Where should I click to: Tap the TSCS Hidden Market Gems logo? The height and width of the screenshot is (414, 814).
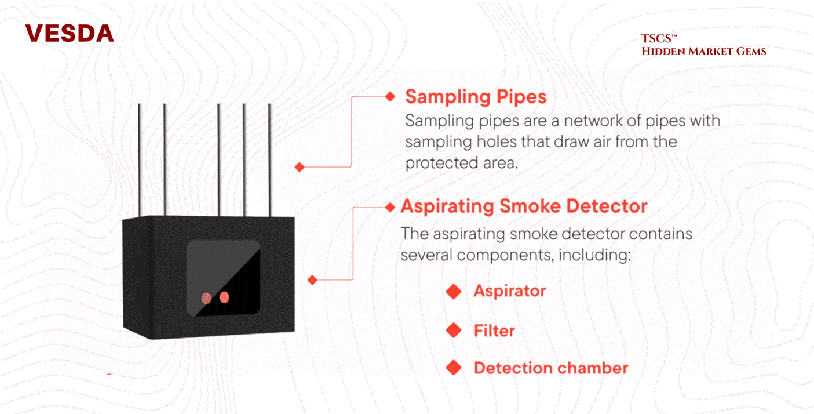click(703, 46)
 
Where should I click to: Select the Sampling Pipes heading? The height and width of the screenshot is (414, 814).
click(476, 96)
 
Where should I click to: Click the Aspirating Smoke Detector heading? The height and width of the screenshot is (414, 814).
click(524, 206)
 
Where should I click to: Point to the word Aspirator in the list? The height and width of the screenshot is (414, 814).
click(510, 290)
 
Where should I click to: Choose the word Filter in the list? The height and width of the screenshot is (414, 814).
click(494, 331)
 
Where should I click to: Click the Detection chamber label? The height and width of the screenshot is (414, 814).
click(551, 368)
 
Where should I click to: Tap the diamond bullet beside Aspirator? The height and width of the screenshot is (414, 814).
click(454, 291)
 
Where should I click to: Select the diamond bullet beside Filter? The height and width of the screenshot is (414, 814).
click(454, 331)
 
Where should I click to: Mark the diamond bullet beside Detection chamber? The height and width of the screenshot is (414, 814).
click(454, 368)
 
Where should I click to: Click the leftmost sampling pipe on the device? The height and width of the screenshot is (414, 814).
click(140, 159)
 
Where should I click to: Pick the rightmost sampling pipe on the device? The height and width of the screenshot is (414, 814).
click(269, 159)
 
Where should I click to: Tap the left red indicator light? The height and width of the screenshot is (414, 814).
click(206, 298)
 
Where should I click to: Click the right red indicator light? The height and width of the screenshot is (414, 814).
click(224, 297)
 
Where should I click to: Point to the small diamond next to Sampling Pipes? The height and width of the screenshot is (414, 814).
click(390, 97)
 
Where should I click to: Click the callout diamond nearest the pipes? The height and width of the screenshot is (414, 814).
click(300, 167)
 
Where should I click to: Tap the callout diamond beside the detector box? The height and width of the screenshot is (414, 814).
click(313, 280)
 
